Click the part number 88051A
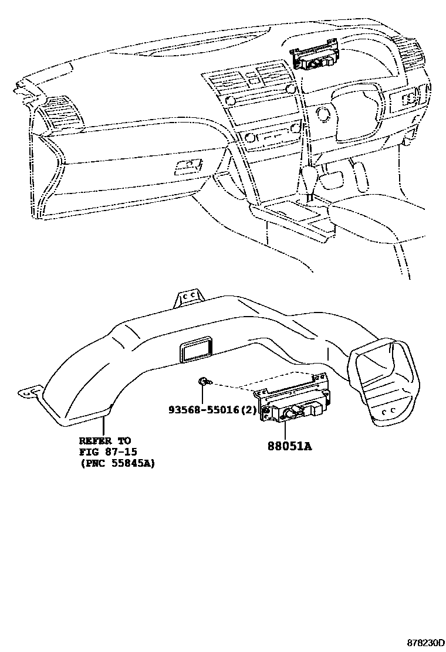click(x=289, y=446)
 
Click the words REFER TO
click(x=105, y=440)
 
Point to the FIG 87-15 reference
click(x=106, y=451)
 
